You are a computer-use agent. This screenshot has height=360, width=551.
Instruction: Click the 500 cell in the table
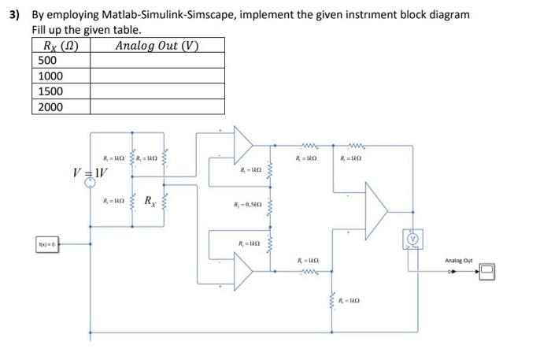pyautogui.click(x=47, y=61)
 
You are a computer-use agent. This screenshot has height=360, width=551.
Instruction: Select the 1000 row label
pyautogui.click(x=50, y=76)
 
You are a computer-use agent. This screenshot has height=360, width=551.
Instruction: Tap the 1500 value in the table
pyautogui.click(x=50, y=91)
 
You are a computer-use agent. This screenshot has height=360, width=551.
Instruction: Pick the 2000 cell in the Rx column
pyautogui.click(x=50, y=107)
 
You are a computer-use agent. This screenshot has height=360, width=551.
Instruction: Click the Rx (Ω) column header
pyautogui.click(x=61, y=45)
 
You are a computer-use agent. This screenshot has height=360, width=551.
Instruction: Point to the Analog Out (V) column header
pyautogui.click(x=157, y=45)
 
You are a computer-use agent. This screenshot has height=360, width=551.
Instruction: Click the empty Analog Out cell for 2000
pyautogui.click(x=157, y=107)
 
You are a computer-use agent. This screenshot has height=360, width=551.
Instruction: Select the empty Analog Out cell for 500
pyautogui.click(x=157, y=61)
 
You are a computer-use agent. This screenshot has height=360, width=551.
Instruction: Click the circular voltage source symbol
pyautogui.click(x=91, y=183)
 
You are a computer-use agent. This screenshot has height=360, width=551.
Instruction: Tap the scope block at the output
pyautogui.click(x=490, y=272)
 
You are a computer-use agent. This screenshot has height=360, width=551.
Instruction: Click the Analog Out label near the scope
pyautogui.click(x=458, y=260)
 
